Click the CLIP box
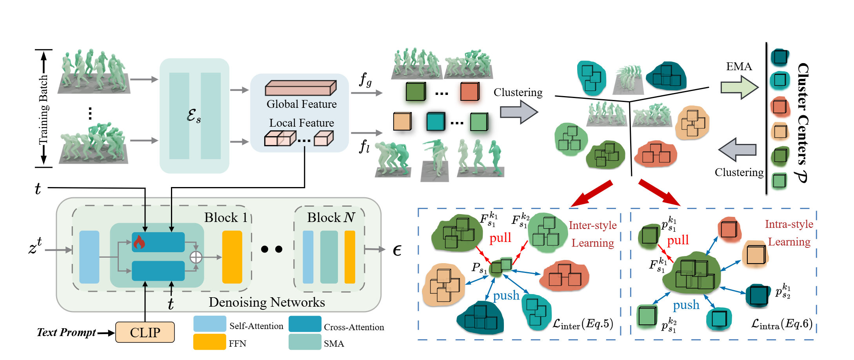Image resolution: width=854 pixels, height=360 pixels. pyautogui.click(x=145, y=332)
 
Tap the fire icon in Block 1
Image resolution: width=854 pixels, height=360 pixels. pyautogui.click(x=139, y=242)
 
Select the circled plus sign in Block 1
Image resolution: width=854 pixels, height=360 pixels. pyautogui.click(x=196, y=257)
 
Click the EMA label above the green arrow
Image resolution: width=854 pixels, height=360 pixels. pyautogui.click(x=739, y=66)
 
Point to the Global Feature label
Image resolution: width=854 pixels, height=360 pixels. pyautogui.click(x=302, y=104)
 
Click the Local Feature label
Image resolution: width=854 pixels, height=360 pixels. pyautogui.click(x=302, y=123)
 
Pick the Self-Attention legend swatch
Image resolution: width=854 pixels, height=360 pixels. pyautogui.click(x=210, y=324)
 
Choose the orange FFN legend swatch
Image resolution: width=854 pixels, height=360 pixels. pyautogui.click(x=210, y=342)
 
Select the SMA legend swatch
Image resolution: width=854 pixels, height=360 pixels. pyautogui.click(x=305, y=342)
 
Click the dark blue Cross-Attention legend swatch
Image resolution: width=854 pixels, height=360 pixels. pyautogui.click(x=305, y=324)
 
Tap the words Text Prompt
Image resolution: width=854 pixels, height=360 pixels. pyautogui.click(x=66, y=333)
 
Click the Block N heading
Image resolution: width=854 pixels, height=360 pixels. pyautogui.click(x=331, y=217)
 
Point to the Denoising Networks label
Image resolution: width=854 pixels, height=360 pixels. pyautogui.click(x=267, y=302)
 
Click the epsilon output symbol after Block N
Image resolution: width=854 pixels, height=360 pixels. pyautogui.click(x=397, y=250)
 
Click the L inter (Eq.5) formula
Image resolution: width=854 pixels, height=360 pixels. pyautogui.click(x=583, y=324)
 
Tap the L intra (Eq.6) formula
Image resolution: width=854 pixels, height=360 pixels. pyautogui.click(x=781, y=324)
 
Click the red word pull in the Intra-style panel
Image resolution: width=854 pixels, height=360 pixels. pyautogui.click(x=678, y=240)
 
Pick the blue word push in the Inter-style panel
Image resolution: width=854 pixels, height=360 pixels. pyautogui.click(x=506, y=295)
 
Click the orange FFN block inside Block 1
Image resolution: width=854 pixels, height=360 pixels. pyautogui.click(x=232, y=257)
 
